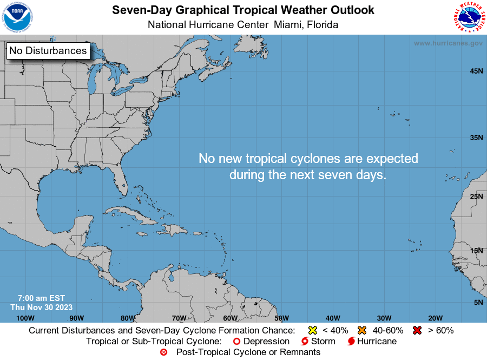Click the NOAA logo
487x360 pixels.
point(17,17)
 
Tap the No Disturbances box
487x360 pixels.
point(48,51)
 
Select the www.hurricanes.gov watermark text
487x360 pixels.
point(448,43)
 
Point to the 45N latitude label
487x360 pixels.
point(476,71)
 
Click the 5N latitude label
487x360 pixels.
point(478,303)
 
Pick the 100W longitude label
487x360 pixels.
point(25,318)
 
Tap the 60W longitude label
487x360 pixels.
point(230,318)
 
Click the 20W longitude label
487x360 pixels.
point(435,318)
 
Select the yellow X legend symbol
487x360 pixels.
point(312,330)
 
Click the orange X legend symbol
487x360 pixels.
point(362,330)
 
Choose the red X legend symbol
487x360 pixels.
point(417,330)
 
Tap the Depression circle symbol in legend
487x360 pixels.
point(236,342)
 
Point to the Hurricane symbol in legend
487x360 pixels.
point(351,342)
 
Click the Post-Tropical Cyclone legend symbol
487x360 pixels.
point(163,352)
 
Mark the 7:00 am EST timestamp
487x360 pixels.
point(41,298)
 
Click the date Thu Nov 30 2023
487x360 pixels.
point(42,307)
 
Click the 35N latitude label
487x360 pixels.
point(476,138)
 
